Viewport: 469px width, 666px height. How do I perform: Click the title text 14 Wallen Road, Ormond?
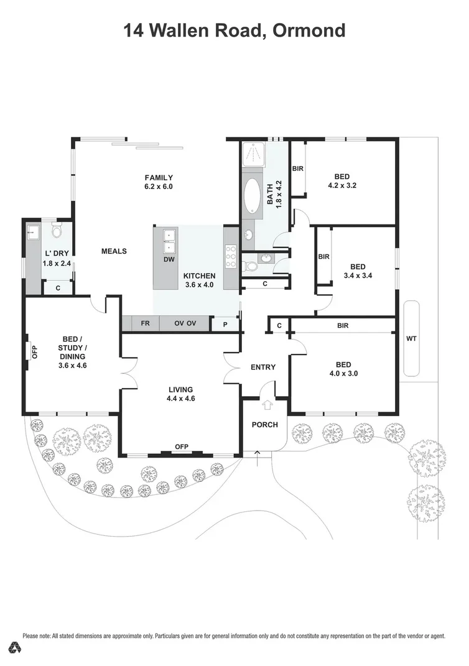tap(234, 30)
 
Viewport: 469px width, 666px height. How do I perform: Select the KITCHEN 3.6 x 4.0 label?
tap(199, 280)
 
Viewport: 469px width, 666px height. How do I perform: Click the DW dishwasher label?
tap(169, 259)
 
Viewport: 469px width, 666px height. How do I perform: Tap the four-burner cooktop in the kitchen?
tap(230, 256)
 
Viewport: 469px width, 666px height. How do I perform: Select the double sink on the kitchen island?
tap(169, 238)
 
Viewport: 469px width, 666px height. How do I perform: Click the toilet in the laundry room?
tap(57, 232)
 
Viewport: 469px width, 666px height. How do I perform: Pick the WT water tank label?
tap(411, 338)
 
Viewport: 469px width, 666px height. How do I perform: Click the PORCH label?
tap(265, 425)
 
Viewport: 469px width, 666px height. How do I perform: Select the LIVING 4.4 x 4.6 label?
tap(181, 394)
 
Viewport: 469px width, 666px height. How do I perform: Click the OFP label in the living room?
tap(181, 446)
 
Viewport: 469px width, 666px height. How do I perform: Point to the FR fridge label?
tap(146, 324)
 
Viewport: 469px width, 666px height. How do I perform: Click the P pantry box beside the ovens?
tap(224, 324)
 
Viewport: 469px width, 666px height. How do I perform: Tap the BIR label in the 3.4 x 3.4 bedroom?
tap(323, 256)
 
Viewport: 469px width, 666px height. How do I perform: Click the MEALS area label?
tap(114, 251)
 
